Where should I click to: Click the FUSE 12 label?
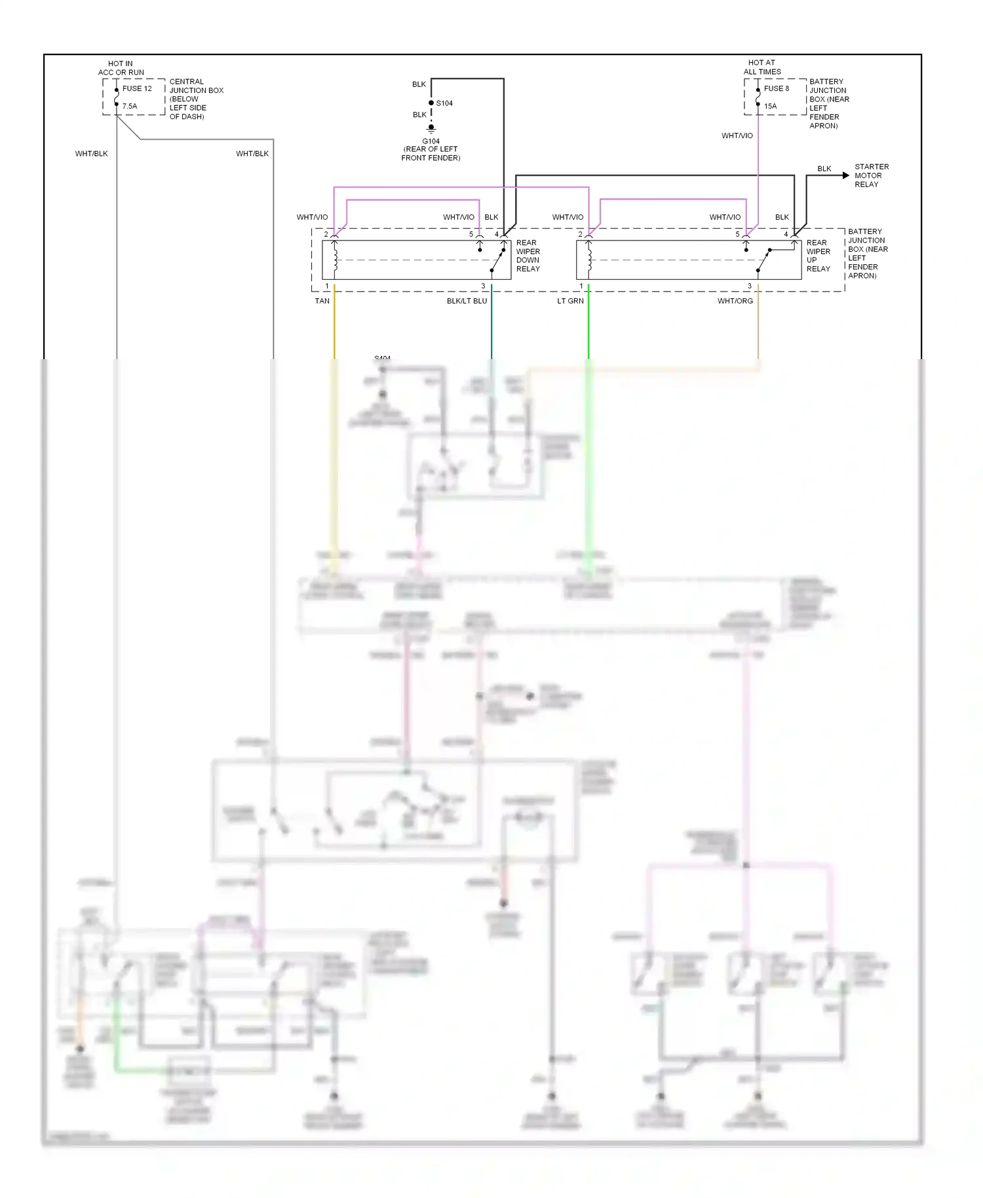coord(137,88)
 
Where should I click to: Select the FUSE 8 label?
coord(777,88)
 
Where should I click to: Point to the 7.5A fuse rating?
coord(130,106)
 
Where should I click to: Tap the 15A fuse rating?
coord(770,106)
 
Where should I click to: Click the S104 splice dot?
coord(431,103)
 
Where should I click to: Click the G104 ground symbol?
coord(431,129)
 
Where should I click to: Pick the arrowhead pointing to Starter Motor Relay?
coord(845,176)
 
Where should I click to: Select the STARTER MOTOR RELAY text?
coord(871,176)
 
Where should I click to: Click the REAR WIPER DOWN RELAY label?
coord(528,256)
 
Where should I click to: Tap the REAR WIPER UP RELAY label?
coord(818,256)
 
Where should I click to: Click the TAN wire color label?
coord(322,301)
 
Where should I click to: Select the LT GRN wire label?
coord(570,301)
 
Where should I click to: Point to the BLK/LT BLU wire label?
coord(467,301)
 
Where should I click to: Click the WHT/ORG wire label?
coord(735,301)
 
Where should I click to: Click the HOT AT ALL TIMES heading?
coord(761,68)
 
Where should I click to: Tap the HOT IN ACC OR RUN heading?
coord(121,68)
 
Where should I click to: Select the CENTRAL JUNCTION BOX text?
coord(196,99)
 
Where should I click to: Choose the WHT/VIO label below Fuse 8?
coord(737,136)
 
